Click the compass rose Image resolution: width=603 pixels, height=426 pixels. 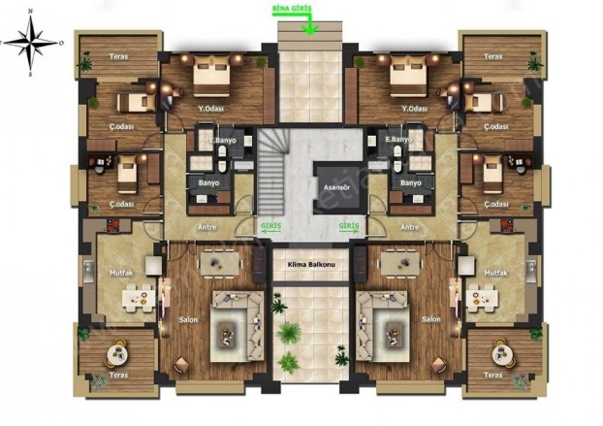tap(31, 42)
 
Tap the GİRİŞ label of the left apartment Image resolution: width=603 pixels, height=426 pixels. tap(270, 225)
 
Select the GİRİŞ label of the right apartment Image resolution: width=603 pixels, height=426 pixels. tap(349, 225)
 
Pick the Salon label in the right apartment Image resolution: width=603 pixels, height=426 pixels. tap(430, 317)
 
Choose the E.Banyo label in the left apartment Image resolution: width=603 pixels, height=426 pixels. tap(223, 140)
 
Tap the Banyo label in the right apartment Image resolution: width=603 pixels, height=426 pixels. tap(410, 181)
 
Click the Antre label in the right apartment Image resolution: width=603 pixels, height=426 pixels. tap(409, 228)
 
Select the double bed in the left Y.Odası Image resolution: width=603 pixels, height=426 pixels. tap(212, 74)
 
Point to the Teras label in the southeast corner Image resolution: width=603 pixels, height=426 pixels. tap(492, 374)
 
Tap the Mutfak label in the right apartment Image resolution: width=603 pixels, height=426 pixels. tap(496, 273)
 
